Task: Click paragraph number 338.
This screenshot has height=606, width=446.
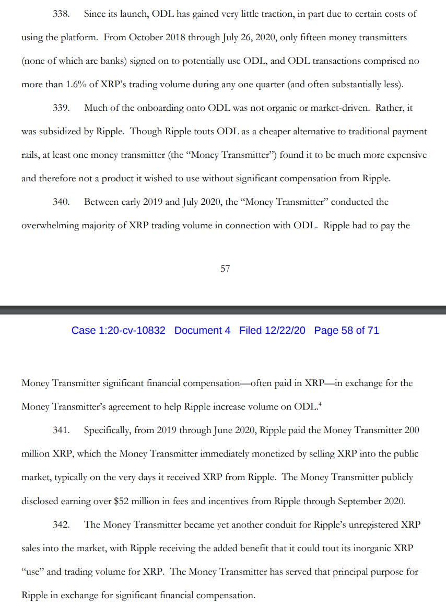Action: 62,14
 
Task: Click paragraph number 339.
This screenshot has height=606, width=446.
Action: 62,108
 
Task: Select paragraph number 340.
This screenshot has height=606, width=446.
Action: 62,202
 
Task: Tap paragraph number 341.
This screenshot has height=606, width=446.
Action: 62,430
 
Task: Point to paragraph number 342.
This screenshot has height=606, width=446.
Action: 62,525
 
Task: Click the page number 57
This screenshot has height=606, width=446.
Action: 225,269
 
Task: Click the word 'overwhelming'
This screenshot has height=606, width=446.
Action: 54,225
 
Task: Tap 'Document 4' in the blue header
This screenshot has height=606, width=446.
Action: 202,331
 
